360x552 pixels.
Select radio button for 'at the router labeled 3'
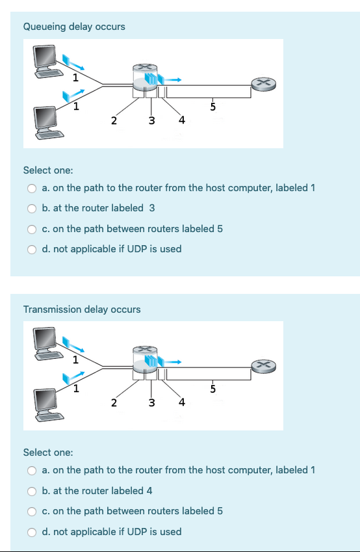click(31, 208)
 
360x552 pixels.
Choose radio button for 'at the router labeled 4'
click(31, 491)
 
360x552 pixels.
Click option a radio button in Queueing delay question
click(31, 188)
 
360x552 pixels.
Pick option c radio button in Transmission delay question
click(31, 511)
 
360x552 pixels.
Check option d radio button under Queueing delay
click(31, 249)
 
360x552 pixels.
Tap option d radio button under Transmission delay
click(31, 532)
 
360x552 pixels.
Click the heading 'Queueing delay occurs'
click(74, 27)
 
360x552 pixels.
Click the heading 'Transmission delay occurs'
click(82, 309)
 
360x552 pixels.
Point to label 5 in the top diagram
click(212, 107)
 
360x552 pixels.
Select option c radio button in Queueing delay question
click(31, 229)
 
